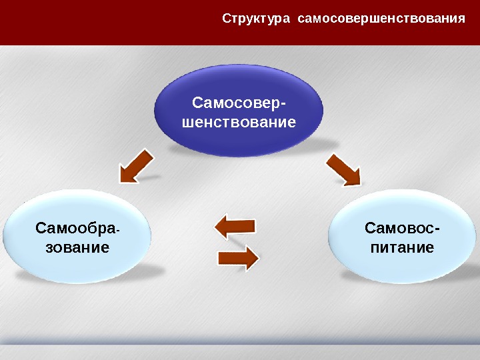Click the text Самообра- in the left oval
pyautogui.click(x=77, y=229)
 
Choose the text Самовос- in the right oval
pyautogui.click(x=402, y=229)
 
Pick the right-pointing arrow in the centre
pyautogui.click(x=239, y=257)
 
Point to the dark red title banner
pyautogui.click(x=107, y=21)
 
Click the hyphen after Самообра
pyautogui.click(x=118, y=231)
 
